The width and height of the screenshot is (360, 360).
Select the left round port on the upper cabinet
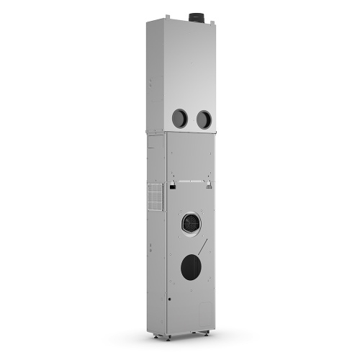coord(179,119)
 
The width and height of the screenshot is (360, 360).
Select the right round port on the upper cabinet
coord(204,120)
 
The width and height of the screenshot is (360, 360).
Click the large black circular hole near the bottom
coord(192,268)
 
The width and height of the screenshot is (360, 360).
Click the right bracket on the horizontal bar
coord(210,186)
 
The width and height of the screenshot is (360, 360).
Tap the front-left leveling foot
coord(168,336)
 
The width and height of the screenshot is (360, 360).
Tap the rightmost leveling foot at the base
coord(208,333)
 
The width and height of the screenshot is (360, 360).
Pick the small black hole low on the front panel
coord(170,297)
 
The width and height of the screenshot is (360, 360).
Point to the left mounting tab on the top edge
coord(167,16)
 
